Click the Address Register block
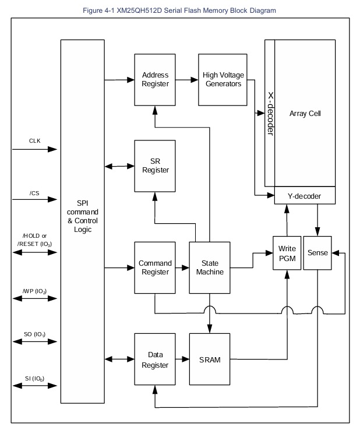[x=155, y=80]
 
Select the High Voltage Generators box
[x=223, y=80]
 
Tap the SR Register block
[x=155, y=166]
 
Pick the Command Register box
[x=155, y=267]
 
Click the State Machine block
[x=210, y=267]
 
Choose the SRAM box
[x=210, y=359]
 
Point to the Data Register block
[x=155, y=359]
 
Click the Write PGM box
[x=287, y=253]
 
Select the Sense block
[x=317, y=253]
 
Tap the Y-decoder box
[x=305, y=196]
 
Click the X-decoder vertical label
[x=271, y=114]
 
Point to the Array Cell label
[x=305, y=114]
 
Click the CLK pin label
[x=35, y=140]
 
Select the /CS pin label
[x=34, y=193]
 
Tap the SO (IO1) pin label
[x=35, y=334]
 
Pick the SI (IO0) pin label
[x=35, y=379]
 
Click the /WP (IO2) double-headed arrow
[x=35, y=298]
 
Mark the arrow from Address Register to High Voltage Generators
[x=187, y=80]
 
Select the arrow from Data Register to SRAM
[x=182, y=359]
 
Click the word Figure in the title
[x=93, y=10]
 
